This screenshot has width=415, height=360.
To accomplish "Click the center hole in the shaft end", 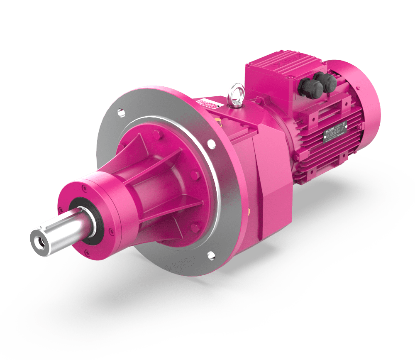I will coord(40,240).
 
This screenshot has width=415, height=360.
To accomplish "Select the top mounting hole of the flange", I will coord(120,112).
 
